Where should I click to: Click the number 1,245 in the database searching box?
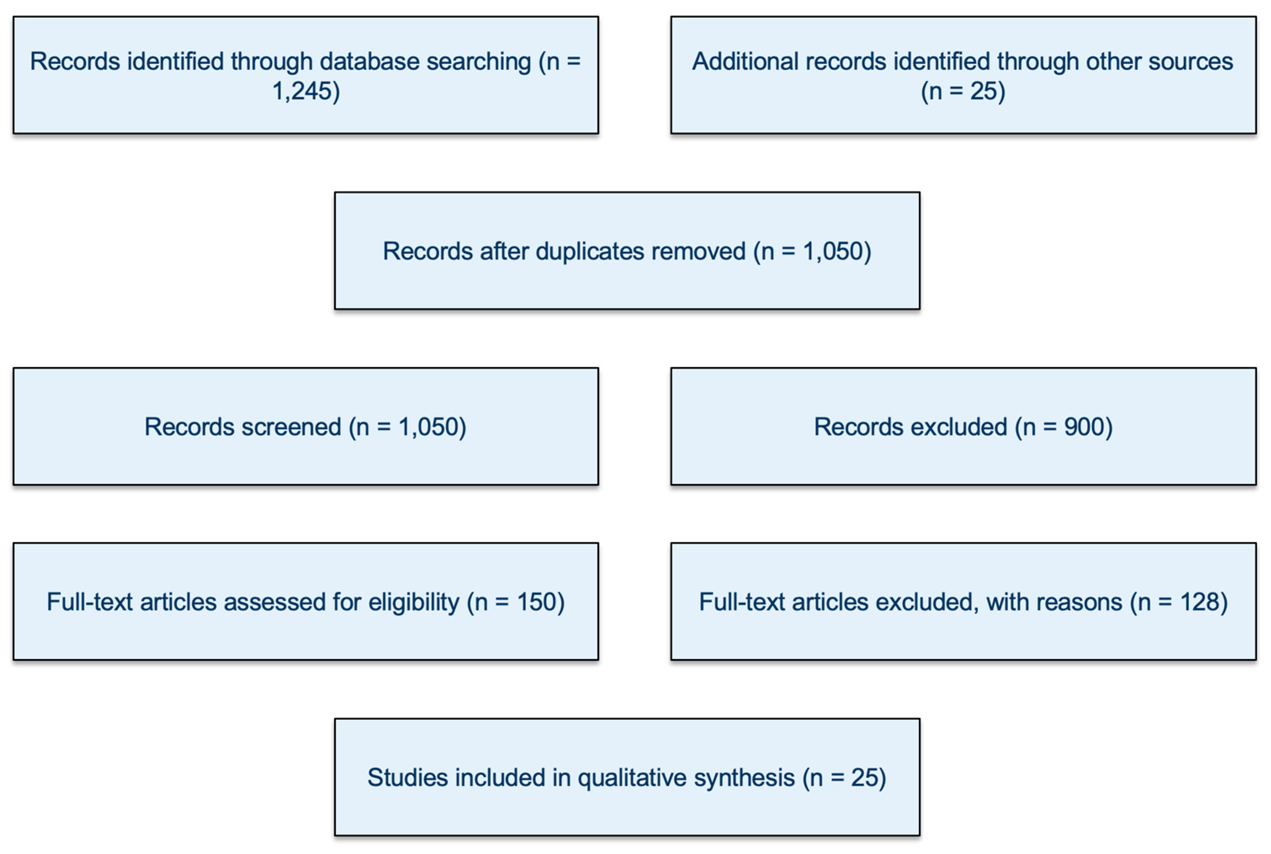coord(302,91)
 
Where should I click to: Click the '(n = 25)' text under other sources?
coord(962,91)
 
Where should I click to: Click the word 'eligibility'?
coord(413,602)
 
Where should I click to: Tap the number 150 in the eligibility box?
coord(536,602)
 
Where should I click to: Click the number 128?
coord(1198,602)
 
